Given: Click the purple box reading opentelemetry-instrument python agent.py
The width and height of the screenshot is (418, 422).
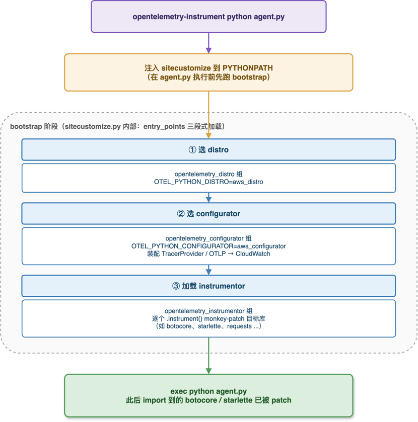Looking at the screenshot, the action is (208, 17).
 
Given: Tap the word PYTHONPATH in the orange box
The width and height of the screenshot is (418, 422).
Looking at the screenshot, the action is (248, 68).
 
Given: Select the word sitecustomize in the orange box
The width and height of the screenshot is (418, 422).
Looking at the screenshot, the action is (186, 68).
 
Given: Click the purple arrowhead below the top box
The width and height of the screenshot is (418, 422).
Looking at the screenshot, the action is (208, 50).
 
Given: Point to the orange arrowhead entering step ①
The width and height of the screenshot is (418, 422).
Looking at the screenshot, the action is (208, 136).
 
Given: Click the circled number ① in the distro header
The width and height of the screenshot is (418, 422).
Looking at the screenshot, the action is (192, 150).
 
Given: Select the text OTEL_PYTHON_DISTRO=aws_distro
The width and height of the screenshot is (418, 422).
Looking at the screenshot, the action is (208, 182).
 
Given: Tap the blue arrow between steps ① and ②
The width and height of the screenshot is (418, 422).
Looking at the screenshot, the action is (208, 198).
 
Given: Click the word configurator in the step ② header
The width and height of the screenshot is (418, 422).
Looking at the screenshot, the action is (218, 214).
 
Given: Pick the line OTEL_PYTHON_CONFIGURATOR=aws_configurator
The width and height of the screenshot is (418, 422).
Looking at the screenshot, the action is (208, 246).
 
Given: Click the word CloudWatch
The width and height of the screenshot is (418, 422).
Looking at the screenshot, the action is (253, 254).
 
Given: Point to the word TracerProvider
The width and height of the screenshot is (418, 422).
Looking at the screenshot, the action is (183, 254).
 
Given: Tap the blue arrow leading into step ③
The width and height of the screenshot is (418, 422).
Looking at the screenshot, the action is (208, 270).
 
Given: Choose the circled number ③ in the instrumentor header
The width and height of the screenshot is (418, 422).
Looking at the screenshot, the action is (176, 286).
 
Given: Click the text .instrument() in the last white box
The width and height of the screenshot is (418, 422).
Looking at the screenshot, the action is (184, 319).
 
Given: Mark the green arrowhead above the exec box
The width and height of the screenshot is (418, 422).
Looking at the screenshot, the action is (208, 371).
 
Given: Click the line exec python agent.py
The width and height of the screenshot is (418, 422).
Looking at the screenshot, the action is (208, 391).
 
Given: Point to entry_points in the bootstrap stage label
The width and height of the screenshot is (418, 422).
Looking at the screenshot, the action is (164, 126).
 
